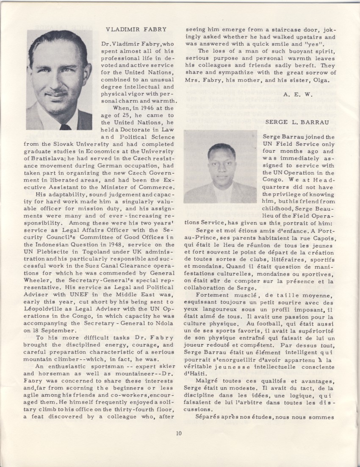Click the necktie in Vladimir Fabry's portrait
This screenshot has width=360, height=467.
tap(65, 126)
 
